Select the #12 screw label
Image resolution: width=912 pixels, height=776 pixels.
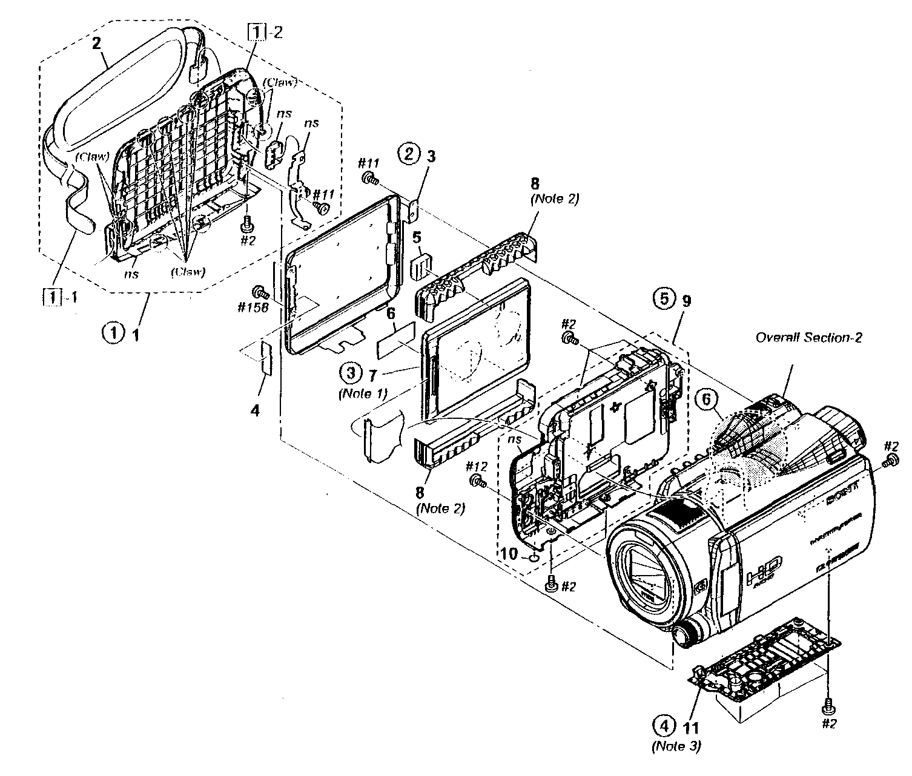pos(477,466)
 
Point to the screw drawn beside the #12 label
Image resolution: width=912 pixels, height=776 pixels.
pos(478,482)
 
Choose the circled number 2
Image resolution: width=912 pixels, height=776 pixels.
pos(409,155)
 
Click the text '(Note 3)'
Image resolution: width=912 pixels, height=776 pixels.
pos(676,746)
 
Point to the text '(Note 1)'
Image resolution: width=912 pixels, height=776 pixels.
pos(362,392)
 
